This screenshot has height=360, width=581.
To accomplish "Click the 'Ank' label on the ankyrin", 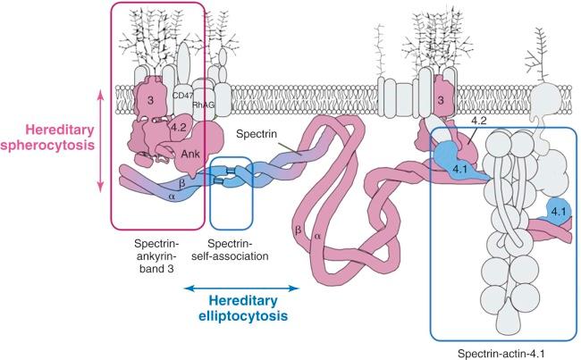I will click(x=190, y=152).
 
